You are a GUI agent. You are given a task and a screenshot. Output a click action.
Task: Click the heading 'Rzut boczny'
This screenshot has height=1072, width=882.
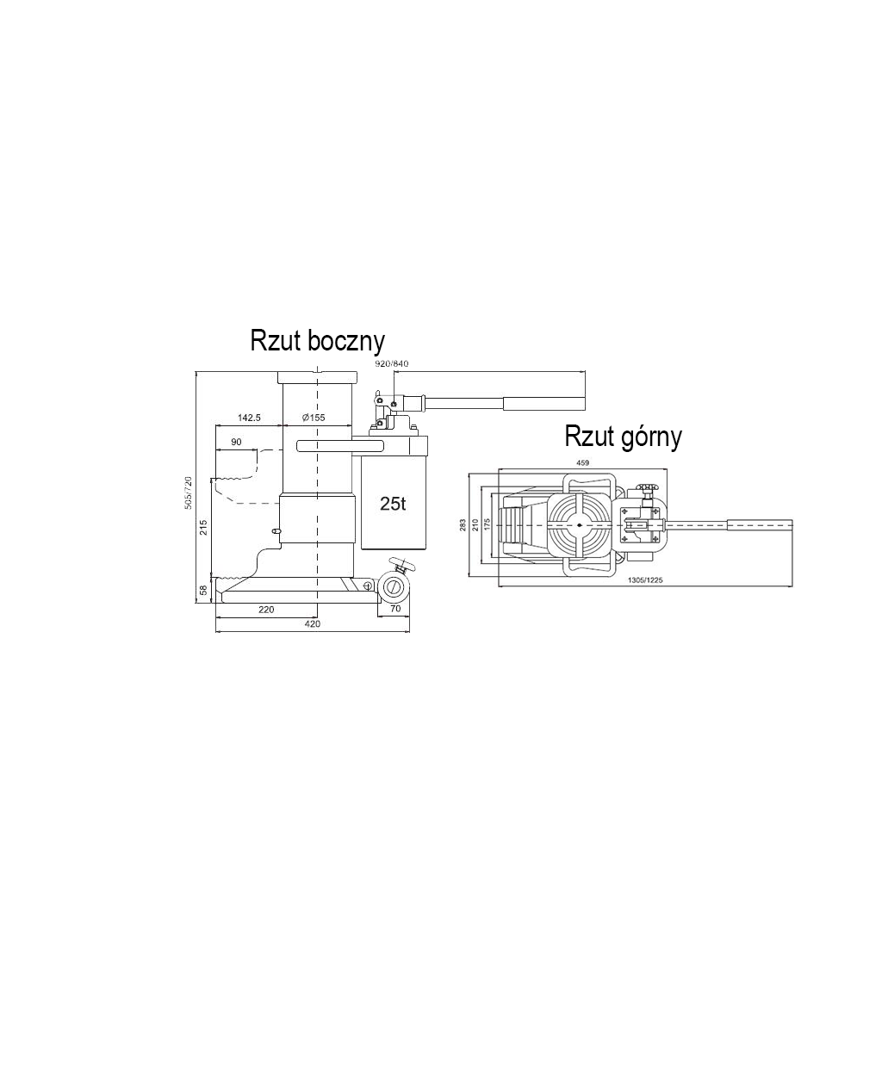point(317,342)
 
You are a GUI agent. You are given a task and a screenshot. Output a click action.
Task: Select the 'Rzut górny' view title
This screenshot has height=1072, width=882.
point(623,437)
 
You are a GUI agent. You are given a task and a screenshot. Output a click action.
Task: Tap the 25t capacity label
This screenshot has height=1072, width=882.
point(393,503)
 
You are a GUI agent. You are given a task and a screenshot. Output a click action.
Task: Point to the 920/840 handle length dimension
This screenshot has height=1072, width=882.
point(391,363)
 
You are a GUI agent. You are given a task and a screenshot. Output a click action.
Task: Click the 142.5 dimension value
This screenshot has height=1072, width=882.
point(249,418)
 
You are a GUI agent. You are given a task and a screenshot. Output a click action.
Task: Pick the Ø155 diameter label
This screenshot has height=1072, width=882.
point(314,418)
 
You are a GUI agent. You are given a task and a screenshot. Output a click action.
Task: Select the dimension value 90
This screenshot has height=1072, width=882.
point(236,442)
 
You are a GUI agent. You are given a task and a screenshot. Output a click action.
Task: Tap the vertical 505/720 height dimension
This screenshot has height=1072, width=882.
point(188,493)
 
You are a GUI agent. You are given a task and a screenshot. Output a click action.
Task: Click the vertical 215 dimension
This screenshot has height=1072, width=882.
point(204,527)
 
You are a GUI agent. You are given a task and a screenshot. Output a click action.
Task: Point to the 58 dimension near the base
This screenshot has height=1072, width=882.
point(203,590)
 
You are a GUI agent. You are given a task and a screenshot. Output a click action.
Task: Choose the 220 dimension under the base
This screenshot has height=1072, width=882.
point(266,610)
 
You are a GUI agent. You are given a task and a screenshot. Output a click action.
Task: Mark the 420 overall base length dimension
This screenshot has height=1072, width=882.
point(313,623)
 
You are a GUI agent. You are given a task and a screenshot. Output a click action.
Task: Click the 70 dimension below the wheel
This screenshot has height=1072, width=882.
point(395,609)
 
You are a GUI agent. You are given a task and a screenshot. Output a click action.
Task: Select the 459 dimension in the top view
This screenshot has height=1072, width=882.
point(582,462)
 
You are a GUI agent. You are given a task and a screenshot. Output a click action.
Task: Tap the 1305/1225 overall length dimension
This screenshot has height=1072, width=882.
point(646,580)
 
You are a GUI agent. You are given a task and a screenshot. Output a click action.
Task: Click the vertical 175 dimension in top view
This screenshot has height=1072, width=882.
point(487,524)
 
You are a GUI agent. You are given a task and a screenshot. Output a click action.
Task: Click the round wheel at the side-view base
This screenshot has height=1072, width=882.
point(393,587)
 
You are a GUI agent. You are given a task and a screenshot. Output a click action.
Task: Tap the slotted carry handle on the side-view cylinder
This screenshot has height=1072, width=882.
point(340,446)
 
